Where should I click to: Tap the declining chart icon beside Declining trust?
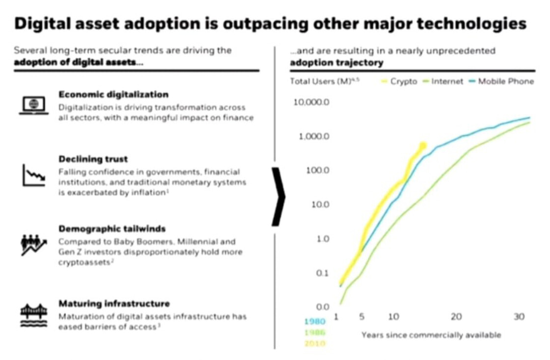tap(34, 175)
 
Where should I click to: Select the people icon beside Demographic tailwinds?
tap(34, 244)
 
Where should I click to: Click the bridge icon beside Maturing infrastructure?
tap(34, 313)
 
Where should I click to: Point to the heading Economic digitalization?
tap(113, 95)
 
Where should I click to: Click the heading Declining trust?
tap(93, 159)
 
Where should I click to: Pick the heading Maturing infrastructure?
tap(114, 304)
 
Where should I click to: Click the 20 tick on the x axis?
tap(457, 317)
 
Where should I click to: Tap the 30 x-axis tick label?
tap(519, 317)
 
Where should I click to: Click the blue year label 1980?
tap(315, 322)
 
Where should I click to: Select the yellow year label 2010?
tap(315, 343)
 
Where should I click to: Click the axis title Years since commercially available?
tap(431, 335)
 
